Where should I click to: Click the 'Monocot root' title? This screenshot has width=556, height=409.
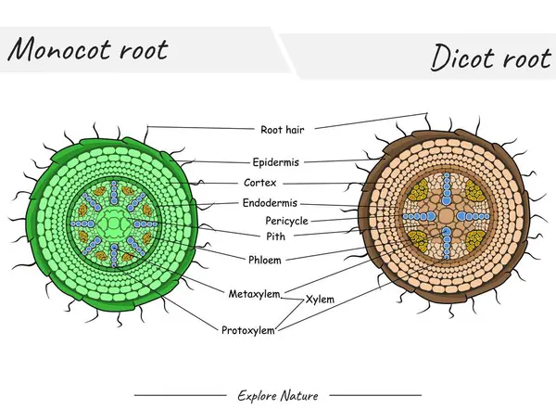point(89,49)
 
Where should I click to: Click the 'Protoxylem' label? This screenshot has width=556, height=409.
point(246,329)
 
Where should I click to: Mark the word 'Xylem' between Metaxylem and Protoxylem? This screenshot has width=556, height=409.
point(320,300)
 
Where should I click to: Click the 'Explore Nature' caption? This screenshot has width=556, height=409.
point(278,395)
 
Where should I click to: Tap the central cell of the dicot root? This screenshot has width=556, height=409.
point(446,215)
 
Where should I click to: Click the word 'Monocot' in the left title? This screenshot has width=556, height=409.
point(57,49)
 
